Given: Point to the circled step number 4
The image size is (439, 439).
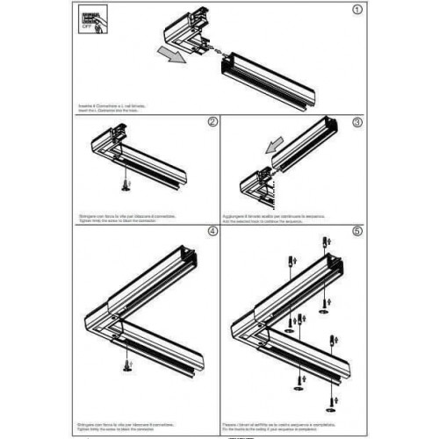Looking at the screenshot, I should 211,233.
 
